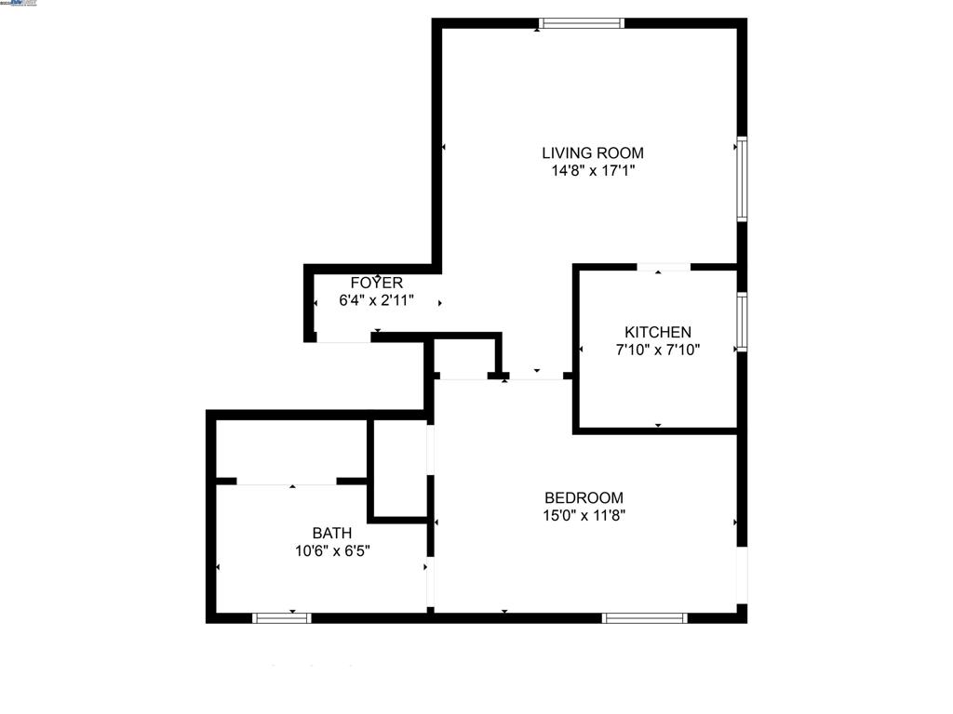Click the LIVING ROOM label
tap(593, 152)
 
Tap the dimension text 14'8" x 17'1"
tap(593, 171)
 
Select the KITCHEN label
tap(657, 332)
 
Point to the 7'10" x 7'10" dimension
tap(657, 350)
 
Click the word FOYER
tap(376, 283)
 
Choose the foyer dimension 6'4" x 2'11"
tap(376, 300)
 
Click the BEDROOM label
tap(584, 497)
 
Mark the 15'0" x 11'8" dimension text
tap(584, 516)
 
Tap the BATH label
tap(331, 533)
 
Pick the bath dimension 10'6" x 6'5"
tap(331, 550)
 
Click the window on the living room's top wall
tap(582, 23)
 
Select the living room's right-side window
tap(742, 178)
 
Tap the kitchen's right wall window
tap(742, 322)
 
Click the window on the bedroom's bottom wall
tap(644, 617)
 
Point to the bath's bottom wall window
tap(282, 617)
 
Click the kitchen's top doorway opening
tap(664, 267)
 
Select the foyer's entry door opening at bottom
tap(343, 337)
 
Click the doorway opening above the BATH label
tap(287, 481)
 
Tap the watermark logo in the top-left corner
tap(20, 4)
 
